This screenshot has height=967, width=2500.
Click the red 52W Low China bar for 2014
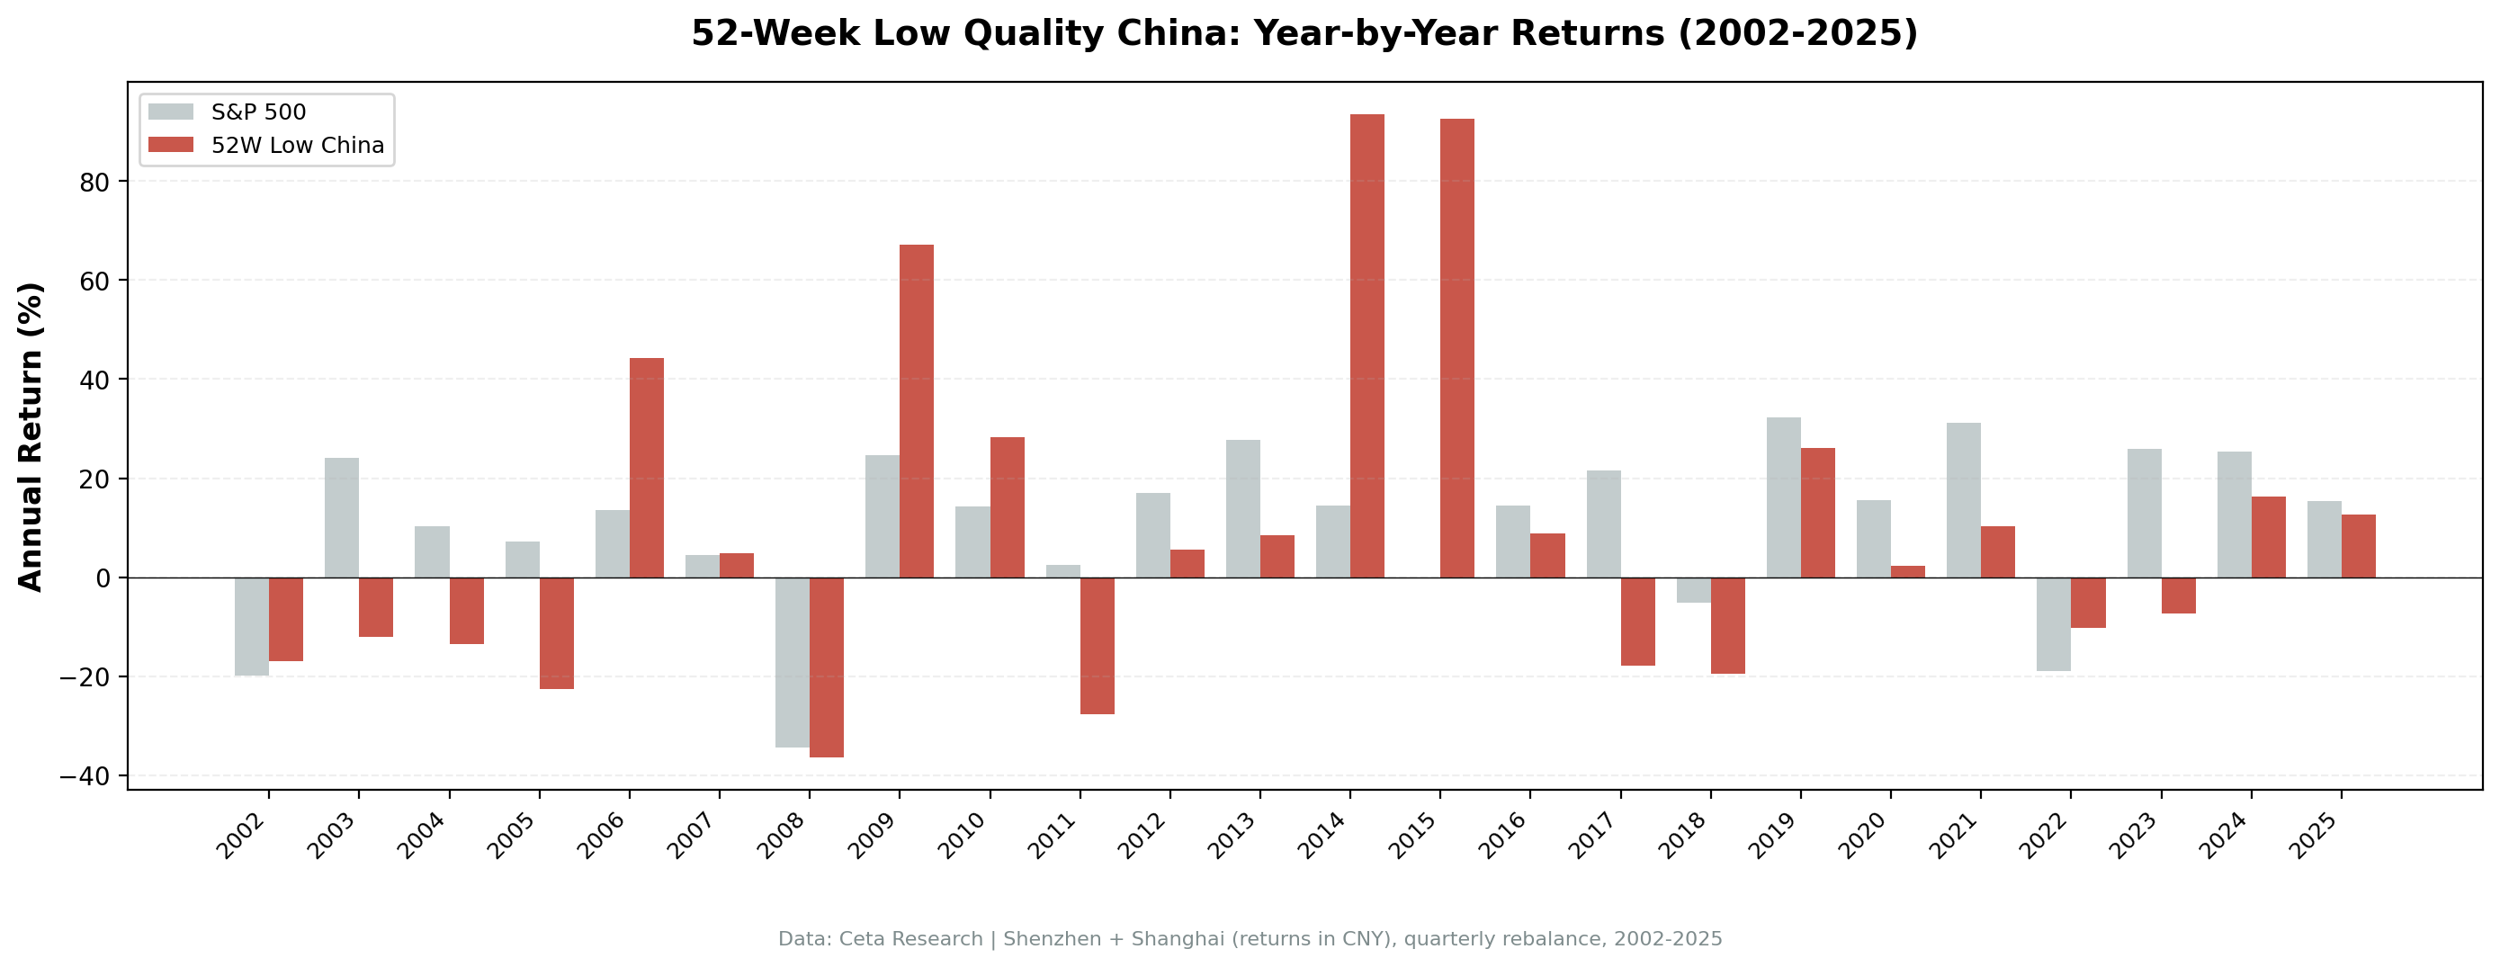click(1366, 345)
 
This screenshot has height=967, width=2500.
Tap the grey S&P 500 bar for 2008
click(792, 662)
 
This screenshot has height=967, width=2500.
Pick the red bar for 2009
click(916, 411)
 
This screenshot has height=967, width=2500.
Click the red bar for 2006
click(646, 467)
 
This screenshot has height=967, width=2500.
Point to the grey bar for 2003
click(342, 517)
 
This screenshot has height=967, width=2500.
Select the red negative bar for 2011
click(1097, 646)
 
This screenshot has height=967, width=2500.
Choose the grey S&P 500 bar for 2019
click(1783, 497)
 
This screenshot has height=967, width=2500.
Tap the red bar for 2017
click(1637, 622)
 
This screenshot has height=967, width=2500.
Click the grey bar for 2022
click(2053, 624)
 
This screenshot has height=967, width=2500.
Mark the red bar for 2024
click(2268, 537)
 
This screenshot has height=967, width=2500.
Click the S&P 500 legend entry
click(258, 112)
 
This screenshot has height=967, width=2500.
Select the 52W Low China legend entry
click(297, 146)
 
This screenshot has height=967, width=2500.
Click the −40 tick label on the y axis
click(85, 776)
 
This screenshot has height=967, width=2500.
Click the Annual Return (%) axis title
click(31, 436)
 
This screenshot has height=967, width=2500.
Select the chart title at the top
click(1304, 34)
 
